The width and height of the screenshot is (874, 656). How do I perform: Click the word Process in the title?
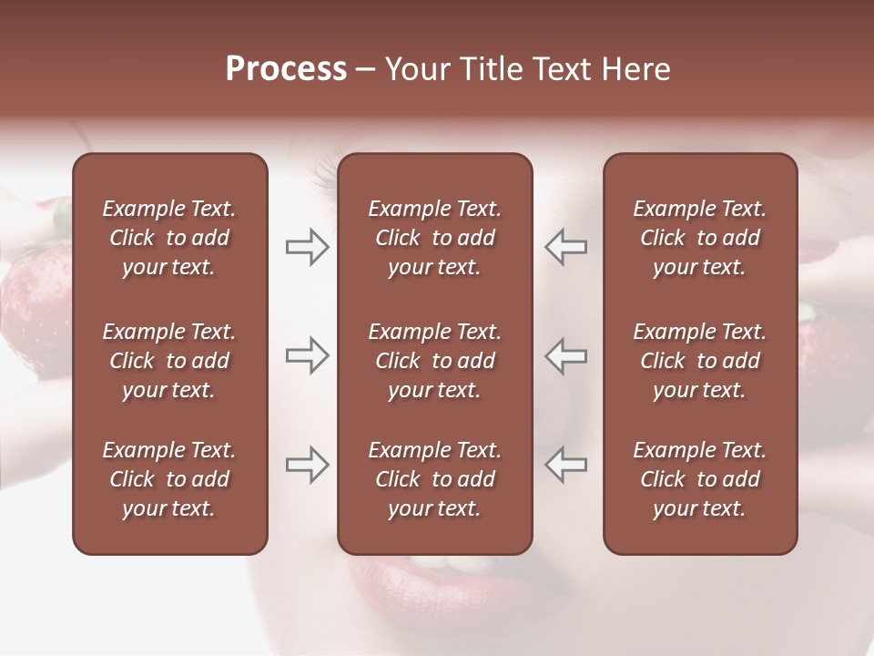coord(286,69)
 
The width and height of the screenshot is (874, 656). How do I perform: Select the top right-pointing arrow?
coord(307,247)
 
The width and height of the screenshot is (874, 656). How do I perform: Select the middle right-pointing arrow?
coord(307,355)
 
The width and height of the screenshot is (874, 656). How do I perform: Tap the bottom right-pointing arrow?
coord(307,465)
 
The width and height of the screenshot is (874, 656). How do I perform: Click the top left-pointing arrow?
coord(566,247)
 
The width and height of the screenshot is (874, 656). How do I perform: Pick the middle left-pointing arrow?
coord(566,355)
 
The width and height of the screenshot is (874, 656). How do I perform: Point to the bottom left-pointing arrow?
coord(566,465)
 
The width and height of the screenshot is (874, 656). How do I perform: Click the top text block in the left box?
coord(169,238)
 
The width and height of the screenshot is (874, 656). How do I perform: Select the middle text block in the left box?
coord(169,361)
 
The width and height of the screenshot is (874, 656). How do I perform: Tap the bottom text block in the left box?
coord(169,479)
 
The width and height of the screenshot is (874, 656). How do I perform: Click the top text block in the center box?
coord(434,238)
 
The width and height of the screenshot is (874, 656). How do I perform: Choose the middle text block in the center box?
coord(434,361)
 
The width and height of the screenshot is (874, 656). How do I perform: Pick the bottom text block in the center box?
coord(434,479)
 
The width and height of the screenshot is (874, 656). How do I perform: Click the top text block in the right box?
coord(699,238)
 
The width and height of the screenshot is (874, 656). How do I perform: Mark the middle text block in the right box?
coord(699,361)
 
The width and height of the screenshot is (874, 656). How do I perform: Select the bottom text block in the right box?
coord(699,479)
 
